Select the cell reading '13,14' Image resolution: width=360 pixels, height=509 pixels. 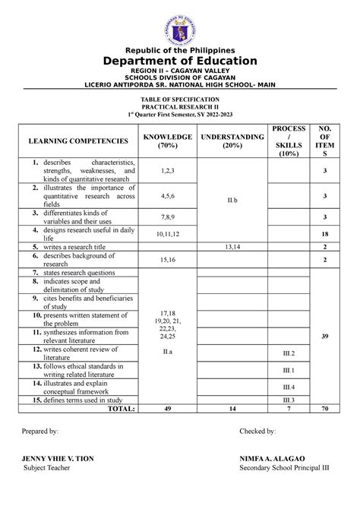(232, 247)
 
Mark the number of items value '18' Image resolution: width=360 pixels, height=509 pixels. (325, 235)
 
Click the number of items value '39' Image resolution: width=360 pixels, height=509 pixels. (325, 335)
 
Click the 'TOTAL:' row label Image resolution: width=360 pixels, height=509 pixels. (122, 408)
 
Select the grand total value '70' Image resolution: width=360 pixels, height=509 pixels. (325, 408)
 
